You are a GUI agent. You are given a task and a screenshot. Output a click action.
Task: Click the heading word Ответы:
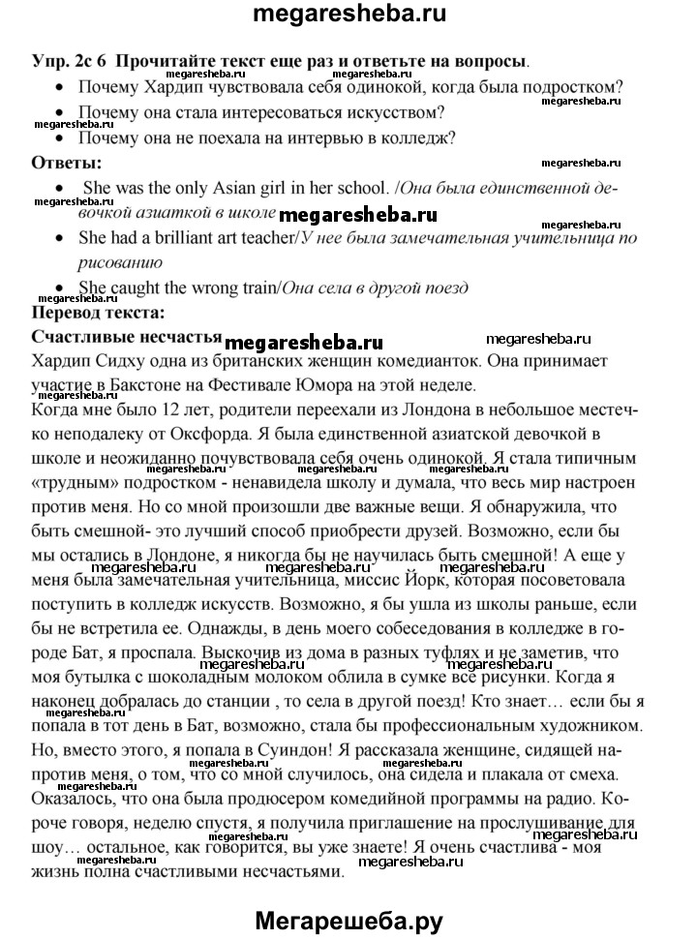[x=67, y=162]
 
